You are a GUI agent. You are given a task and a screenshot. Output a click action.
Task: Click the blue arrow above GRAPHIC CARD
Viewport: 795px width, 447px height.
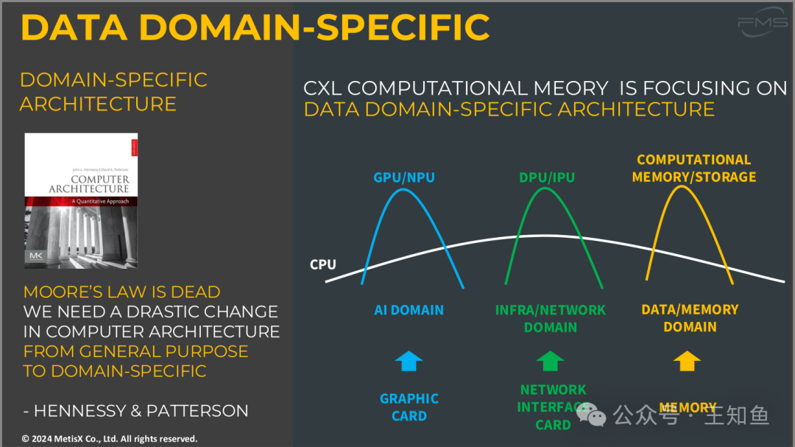click(x=409, y=361)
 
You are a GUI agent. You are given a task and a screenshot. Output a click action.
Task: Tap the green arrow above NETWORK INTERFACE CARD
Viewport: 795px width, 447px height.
click(x=551, y=361)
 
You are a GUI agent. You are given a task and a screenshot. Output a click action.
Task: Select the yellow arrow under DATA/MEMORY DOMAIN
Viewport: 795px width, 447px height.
click(x=688, y=361)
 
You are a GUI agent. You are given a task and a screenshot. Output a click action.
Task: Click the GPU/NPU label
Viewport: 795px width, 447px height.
click(x=403, y=177)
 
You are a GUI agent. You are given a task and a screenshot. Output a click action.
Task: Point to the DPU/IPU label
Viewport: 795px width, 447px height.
click(x=546, y=177)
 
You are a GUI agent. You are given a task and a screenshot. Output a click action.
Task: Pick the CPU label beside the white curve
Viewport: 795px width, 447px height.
click(x=323, y=264)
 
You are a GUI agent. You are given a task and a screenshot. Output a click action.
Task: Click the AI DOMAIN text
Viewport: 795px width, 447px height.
click(x=409, y=310)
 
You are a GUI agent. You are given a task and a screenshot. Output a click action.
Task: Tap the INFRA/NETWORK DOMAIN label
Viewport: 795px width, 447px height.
click(x=551, y=318)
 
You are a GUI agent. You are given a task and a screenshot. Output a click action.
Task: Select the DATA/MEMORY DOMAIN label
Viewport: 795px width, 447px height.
click(x=690, y=318)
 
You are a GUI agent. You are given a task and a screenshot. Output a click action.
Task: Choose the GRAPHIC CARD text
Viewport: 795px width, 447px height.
click(x=409, y=407)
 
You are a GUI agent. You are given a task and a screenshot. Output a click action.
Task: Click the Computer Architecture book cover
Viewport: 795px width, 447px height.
click(x=81, y=200)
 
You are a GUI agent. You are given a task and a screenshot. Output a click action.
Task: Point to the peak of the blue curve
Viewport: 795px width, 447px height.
click(x=403, y=190)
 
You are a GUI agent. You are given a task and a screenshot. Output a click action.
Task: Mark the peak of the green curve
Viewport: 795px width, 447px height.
click(x=545, y=189)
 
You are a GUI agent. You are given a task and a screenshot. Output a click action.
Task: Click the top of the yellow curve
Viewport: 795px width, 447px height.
click(x=682, y=186)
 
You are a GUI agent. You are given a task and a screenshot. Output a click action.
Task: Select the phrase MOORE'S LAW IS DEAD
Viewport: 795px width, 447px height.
click(x=122, y=292)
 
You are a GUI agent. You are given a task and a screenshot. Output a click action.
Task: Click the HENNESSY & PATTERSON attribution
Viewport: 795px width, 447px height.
click(x=135, y=410)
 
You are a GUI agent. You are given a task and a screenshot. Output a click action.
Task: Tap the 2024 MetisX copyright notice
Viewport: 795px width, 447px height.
click(x=110, y=438)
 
